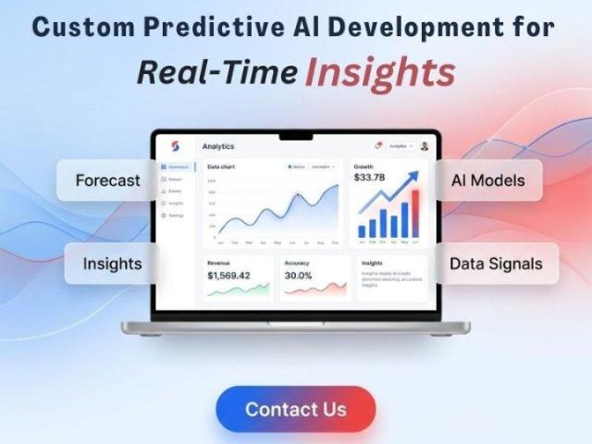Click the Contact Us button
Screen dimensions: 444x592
tap(296, 409)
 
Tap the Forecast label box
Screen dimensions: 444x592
tap(107, 180)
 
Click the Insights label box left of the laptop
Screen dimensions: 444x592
tap(111, 264)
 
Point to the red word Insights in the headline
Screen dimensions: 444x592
tap(381, 71)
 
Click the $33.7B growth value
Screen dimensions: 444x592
tap(370, 178)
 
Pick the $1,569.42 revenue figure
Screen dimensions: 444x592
tap(228, 276)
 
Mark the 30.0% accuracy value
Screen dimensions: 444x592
tap(298, 276)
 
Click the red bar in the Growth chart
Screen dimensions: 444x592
tap(415, 214)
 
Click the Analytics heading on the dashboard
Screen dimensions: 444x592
tap(218, 146)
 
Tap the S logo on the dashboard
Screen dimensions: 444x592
tap(175, 146)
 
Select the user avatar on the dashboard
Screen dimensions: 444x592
tap(425, 146)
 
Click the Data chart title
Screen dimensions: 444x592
tap(221, 166)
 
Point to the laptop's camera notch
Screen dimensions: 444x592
tap(296, 135)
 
